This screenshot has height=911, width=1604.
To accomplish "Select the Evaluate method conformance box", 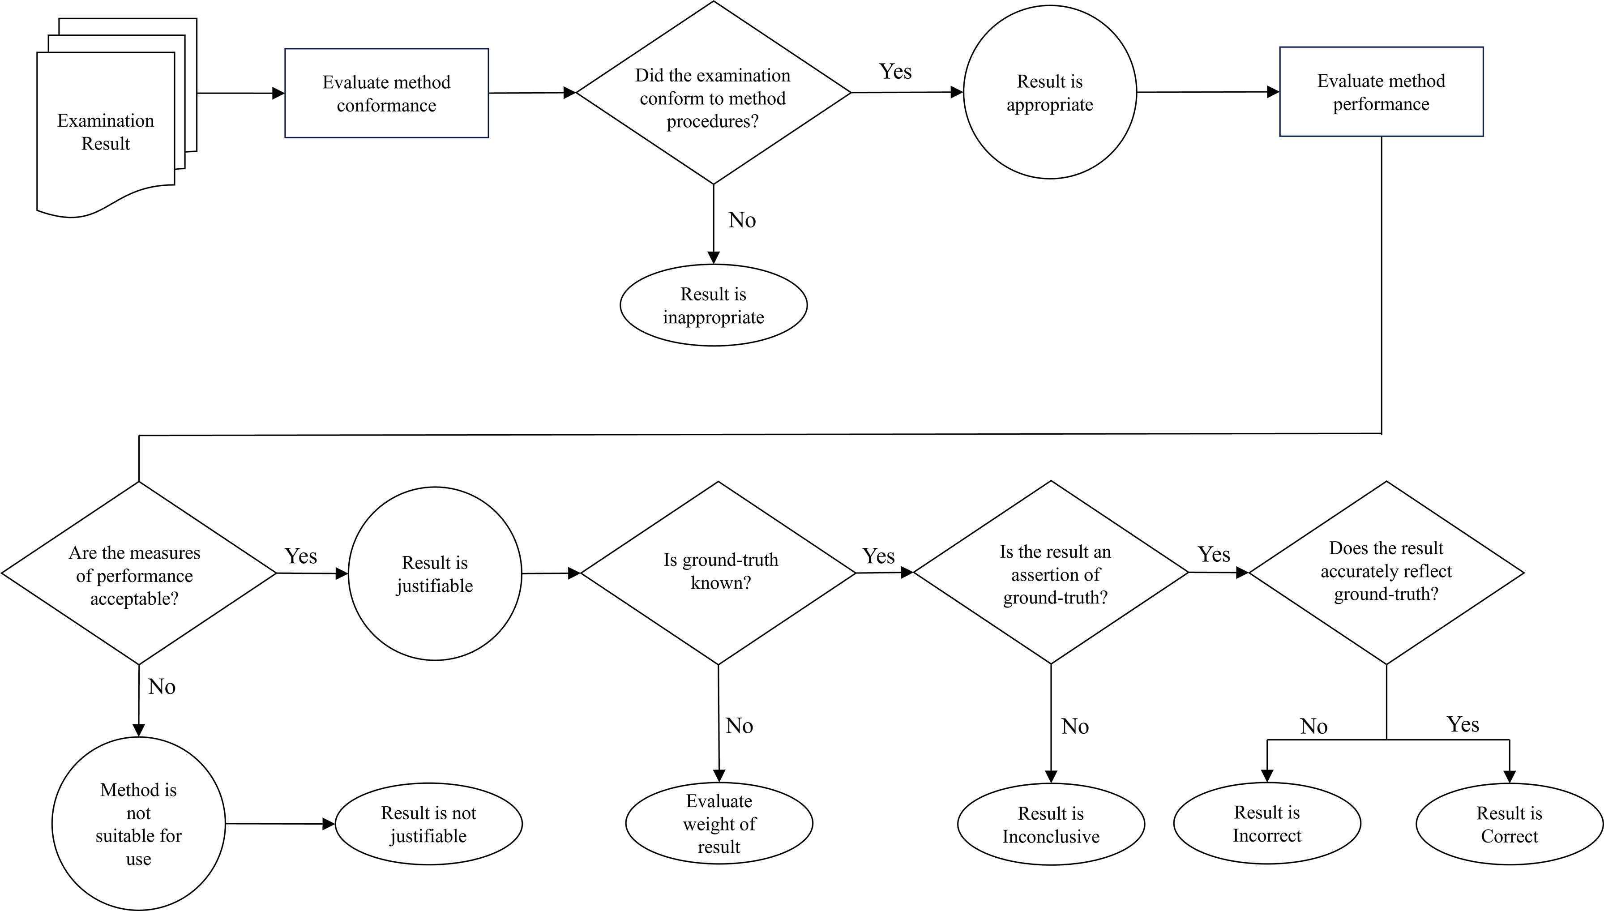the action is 387,93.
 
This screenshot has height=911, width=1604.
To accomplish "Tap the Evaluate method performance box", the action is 1382,91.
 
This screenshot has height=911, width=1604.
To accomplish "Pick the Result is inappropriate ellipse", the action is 714,305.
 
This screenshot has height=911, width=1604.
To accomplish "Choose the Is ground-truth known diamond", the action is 718,573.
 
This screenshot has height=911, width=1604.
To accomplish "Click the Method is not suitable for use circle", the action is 138,823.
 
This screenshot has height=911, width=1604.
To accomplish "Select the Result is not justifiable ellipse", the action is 429,824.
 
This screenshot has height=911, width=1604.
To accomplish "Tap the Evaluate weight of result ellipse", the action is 719,823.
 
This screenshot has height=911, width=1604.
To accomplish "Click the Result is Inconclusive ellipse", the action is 1051,825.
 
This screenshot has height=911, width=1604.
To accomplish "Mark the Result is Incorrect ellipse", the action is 1267,823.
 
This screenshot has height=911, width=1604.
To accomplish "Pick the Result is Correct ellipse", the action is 1510,824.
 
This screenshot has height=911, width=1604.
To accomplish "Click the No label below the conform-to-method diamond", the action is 742,220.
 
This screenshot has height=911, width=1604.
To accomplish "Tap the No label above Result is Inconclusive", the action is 1075,727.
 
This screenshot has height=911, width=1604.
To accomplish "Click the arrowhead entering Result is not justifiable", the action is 329,824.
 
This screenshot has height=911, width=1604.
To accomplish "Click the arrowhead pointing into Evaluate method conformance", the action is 278,93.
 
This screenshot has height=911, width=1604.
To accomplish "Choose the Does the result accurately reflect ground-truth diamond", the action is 1387,573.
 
